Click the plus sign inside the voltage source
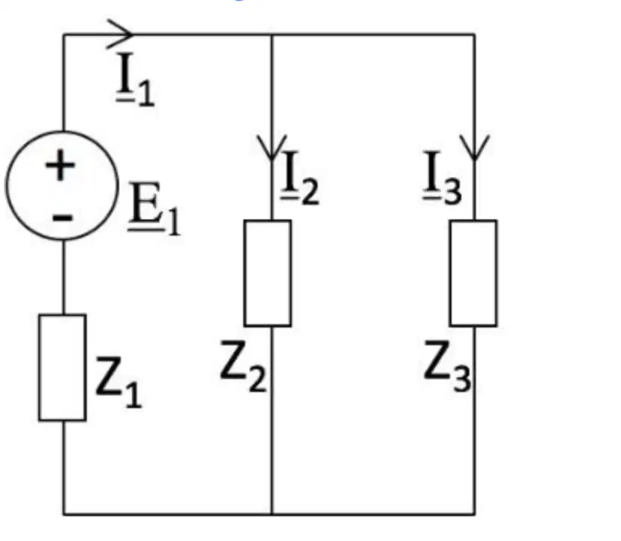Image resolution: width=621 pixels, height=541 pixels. [x=60, y=165]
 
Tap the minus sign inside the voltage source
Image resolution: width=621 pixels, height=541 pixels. [x=62, y=217]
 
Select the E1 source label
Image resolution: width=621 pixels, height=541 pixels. [x=154, y=208]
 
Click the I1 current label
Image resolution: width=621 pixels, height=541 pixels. [x=135, y=79]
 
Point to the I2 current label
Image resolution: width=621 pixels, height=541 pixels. [x=300, y=178]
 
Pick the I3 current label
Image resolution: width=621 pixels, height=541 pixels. [x=442, y=178]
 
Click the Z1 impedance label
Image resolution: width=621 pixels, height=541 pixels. [x=118, y=382]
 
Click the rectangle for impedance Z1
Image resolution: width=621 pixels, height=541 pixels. [x=62, y=367]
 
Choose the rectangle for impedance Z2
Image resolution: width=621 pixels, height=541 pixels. [x=268, y=273]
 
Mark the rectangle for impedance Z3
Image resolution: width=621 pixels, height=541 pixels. [x=473, y=273]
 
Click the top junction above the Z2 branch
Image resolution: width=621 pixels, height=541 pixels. [x=272, y=34]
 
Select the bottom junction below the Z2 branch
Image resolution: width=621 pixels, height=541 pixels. [x=272, y=514]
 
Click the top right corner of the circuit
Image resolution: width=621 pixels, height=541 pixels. [x=475, y=34]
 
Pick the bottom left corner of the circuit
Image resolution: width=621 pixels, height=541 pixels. [x=63, y=514]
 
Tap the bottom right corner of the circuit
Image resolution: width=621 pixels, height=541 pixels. [x=475, y=514]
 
